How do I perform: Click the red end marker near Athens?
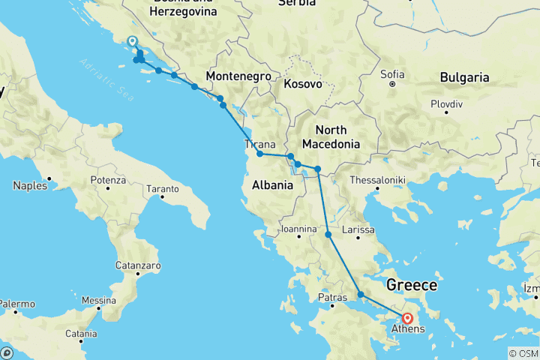407,318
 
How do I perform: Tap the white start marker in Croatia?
132,42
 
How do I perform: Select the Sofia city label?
392,74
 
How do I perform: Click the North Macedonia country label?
331,136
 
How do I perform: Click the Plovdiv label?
445,103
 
